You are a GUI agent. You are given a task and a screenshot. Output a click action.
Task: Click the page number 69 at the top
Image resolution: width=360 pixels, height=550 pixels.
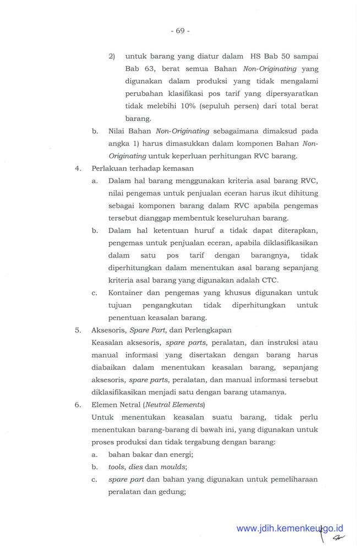pyautogui.click(x=180, y=31)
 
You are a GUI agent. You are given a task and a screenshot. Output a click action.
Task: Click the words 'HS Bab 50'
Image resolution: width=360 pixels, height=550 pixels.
pyautogui.click(x=273, y=57)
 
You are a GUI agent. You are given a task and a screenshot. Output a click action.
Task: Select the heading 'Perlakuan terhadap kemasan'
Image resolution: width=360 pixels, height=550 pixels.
pyautogui.click(x=142, y=168)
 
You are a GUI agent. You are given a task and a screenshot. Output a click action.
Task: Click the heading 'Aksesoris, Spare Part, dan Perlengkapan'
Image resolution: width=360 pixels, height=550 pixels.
pyautogui.click(x=162, y=330)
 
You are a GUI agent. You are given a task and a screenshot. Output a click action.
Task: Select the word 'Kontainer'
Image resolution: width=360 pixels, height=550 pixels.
pyautogui.click(x=127, y=293)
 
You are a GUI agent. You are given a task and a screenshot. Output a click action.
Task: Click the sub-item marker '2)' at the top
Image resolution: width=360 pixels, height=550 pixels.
pyautogui.click(x=111, y=57)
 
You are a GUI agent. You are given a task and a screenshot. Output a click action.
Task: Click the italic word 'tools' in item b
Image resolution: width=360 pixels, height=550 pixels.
pyautogui.click(x=117, y=467)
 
